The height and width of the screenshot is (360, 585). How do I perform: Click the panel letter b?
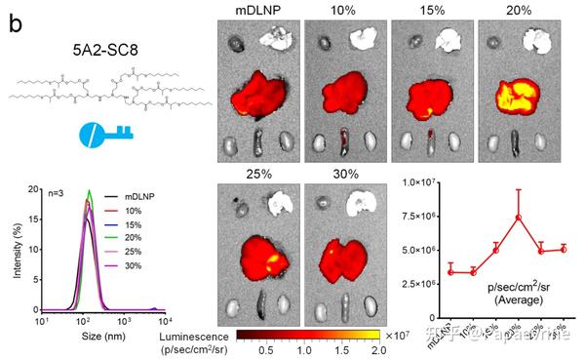[x=16, y=19]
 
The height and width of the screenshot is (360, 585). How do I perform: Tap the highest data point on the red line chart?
[x=519, y=218]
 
